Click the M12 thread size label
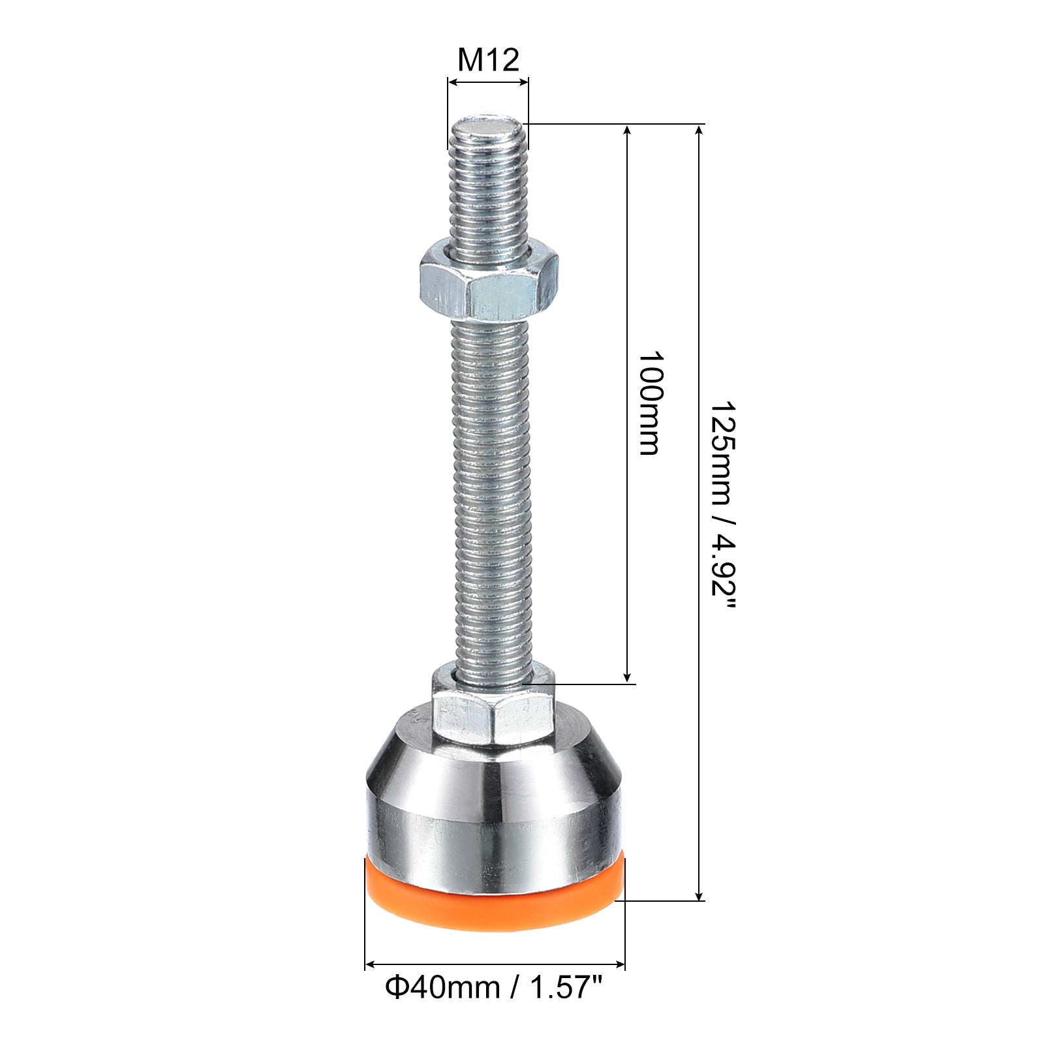(488, 60)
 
